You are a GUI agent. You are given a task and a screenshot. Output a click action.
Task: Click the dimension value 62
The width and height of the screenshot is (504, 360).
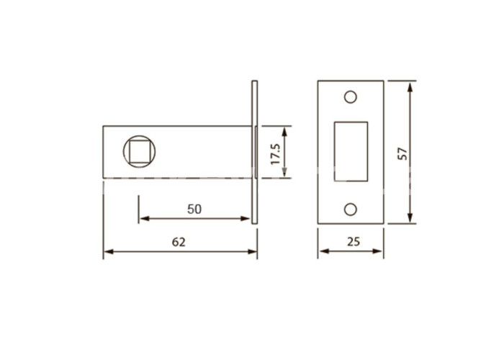179,242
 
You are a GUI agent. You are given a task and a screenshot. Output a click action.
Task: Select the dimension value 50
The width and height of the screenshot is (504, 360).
194,210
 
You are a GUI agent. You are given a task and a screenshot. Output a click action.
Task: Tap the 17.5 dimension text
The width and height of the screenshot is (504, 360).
276,154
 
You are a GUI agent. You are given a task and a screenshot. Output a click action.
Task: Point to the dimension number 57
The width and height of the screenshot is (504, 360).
402,153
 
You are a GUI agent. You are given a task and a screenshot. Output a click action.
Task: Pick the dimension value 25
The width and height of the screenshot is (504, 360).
354,241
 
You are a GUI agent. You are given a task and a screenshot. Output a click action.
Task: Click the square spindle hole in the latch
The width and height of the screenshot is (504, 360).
139,152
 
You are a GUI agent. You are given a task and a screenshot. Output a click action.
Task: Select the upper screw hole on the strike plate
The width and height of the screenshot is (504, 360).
351,96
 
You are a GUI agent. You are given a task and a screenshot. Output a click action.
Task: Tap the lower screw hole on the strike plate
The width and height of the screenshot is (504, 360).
351,210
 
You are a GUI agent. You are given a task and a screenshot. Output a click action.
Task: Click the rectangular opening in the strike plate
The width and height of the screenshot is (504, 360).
351,151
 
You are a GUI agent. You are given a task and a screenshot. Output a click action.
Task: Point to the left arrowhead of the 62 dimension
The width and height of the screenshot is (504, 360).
108,251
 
